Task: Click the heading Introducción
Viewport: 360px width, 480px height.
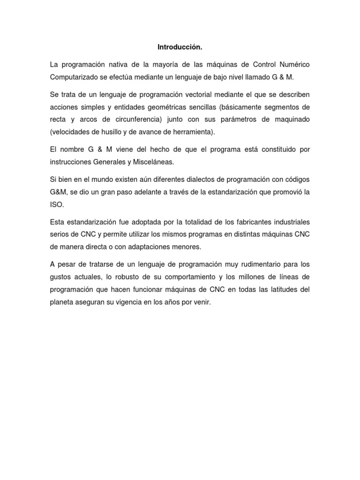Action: point(180,47)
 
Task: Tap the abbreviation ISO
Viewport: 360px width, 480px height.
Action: point(55,205)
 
